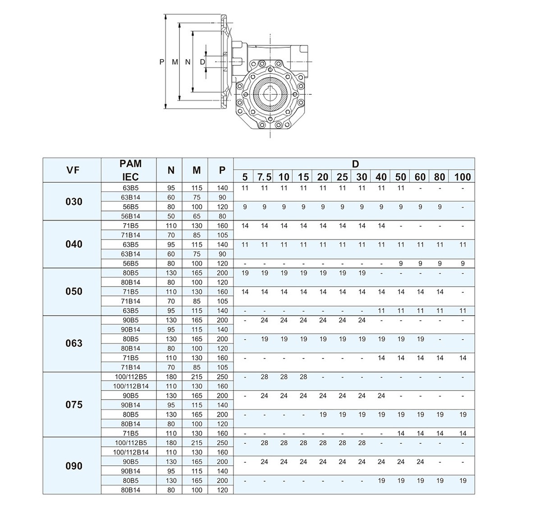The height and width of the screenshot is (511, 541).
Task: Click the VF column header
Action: click(x=71, y=170)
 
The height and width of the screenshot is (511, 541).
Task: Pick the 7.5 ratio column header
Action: click(x=264, y=177)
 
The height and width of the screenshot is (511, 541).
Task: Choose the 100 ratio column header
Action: click(x=463, y=177)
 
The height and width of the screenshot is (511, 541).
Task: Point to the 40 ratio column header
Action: click(x=381, y=177)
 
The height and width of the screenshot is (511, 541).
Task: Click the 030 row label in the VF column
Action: click(x=74, y=202)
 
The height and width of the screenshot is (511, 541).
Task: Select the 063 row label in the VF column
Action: click(x=74, y=343)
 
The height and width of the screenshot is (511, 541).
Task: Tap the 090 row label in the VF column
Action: click(x=74, y=466)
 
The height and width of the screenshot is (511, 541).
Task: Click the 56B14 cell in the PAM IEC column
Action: click(x=130, y=216)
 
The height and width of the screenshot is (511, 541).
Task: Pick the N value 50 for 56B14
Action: click(x=171, y=216)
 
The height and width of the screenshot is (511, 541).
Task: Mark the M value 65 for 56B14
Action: click(x=197, y=216)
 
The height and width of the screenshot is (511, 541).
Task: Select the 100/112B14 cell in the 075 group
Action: click(x=130, y=386)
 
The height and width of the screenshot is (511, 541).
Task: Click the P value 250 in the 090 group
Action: click(x=222, y=443)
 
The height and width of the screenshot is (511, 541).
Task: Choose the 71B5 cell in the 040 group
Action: click(x=130, y=226)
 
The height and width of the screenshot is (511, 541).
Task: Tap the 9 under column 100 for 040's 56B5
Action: click(x=463, y=263)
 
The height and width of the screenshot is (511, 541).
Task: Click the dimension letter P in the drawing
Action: click(x=162, y=62)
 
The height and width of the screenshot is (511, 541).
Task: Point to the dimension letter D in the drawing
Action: click(x=202, y=62)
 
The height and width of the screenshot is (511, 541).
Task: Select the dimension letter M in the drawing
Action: click(x=175, y=62)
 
